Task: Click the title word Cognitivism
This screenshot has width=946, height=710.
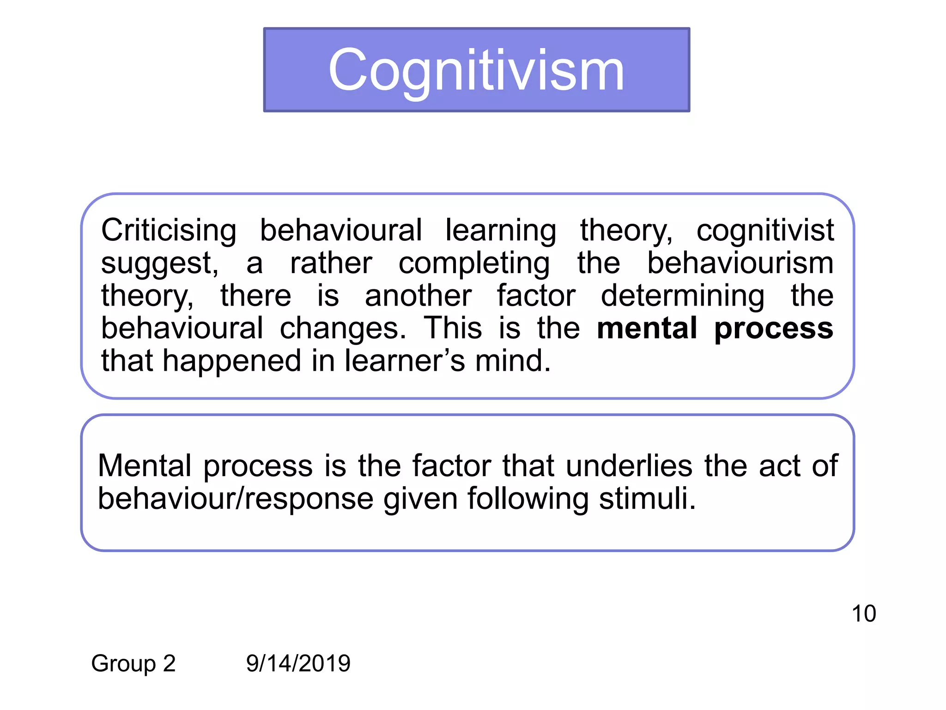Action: click(x=476, y=71)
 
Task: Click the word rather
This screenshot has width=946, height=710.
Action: click(x=331, y=263)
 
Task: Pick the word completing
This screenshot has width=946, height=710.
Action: click(x=474, y=263)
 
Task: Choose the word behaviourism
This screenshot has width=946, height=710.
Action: click(x=740, y=263)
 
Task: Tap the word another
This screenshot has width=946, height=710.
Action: click(x=418, y=296)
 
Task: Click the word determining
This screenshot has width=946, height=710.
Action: click(x=682, y=296)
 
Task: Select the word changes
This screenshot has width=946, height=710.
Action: click(x=343, y=328)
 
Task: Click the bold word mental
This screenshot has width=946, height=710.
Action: click(x=647, y=328)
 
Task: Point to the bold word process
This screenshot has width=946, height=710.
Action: click(x=774, y=328)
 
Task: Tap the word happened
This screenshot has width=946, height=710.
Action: click(x=231, y=361)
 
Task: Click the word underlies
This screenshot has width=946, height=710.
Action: click(x=629, y=465)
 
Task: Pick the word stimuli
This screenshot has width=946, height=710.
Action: click(x=647, y=499)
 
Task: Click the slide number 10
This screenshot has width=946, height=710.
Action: click(x=863, y=613)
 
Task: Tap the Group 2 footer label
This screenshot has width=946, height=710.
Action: click(x=133, y=663)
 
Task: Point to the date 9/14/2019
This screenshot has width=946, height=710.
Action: click(x=298, y=663)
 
